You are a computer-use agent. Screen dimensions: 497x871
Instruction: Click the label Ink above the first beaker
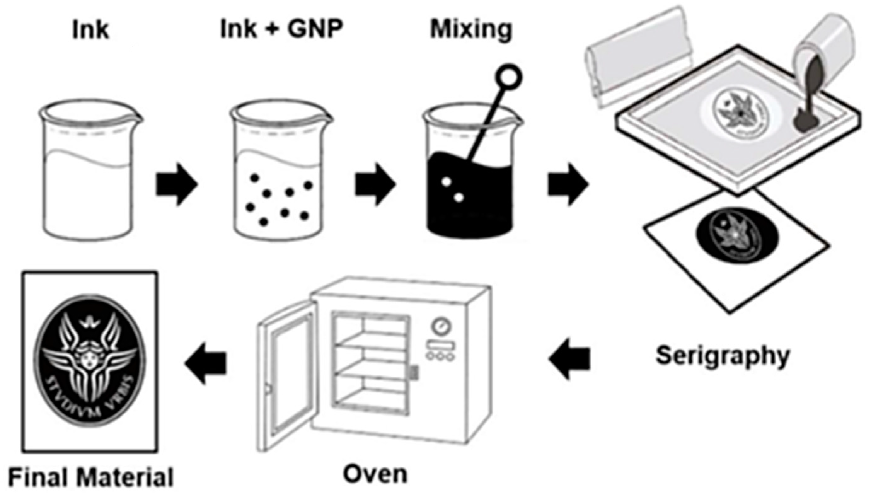tap(91, 30)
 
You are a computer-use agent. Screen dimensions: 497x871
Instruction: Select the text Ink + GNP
tap(280, 29)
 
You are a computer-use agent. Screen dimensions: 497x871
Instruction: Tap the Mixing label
tap(471, 29)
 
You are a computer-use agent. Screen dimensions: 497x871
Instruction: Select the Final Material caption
tap(91, 477)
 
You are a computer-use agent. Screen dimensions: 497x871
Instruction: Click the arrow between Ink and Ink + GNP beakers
tap(176, 185)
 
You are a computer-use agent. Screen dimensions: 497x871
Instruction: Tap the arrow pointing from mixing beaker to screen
tap(568, 185)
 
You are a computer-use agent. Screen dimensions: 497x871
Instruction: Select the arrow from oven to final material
tap(205, 363)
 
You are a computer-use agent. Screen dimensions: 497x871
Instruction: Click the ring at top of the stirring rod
tap(508, 78)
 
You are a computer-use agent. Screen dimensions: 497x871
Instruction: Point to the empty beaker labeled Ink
tap(90, 171)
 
